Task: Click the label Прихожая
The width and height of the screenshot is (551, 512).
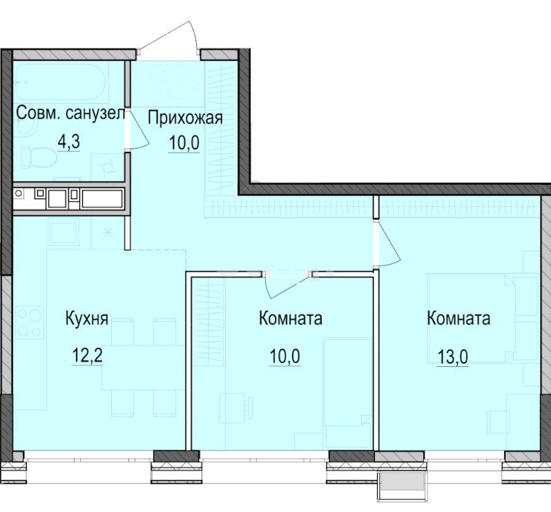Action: point(186,117)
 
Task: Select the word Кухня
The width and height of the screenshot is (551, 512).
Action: point(87,319)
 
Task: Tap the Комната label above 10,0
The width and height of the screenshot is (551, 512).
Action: point(291,319)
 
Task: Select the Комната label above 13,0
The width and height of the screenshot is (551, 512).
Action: point(459,319)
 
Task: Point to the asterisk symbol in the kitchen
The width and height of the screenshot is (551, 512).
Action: point(107,233)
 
